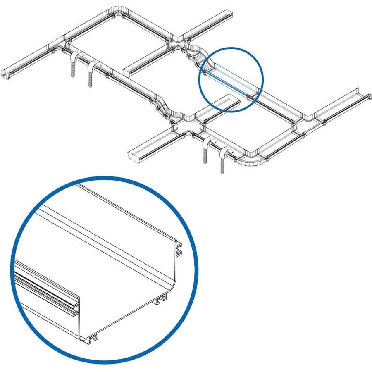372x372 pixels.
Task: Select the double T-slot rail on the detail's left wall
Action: (x=41, y=287)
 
